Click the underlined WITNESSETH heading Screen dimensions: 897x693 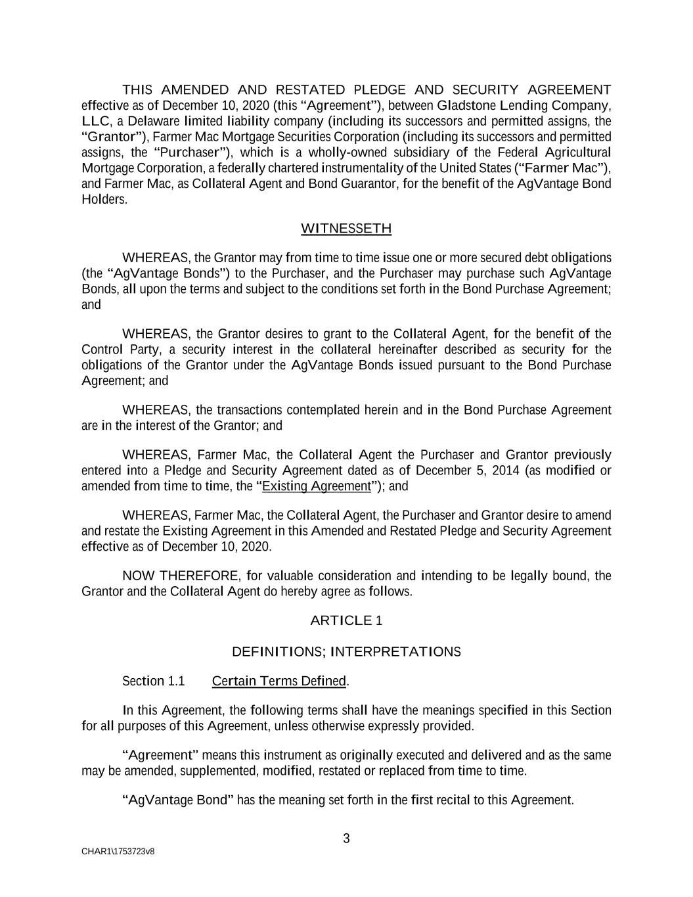(346, 229)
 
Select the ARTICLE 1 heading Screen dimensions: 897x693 (346, 620)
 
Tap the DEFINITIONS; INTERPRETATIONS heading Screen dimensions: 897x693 (346, 652)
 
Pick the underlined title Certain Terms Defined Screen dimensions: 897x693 (279, 681)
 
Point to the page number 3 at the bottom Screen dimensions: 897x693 (346, 839)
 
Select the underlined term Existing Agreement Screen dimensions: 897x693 (316, 486)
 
